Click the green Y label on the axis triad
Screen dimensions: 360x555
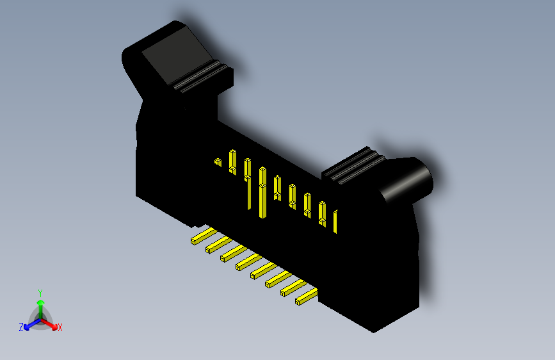pyautogui.click(x=40, y=292)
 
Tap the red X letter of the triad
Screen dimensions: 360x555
pyautogui.click(x=60, y=328)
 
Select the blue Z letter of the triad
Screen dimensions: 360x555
pyautogui.click(x=21, y=327)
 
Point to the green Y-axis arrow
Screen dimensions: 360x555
pyautogui.click(x=40, y=304)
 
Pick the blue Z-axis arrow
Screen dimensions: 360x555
pyautogui.click(x=29, y=323)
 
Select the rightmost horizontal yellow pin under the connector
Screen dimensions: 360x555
pyautogui.click(x=306, y=296)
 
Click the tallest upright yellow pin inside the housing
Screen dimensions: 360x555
pyautogui.click(x=262, y=192)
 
